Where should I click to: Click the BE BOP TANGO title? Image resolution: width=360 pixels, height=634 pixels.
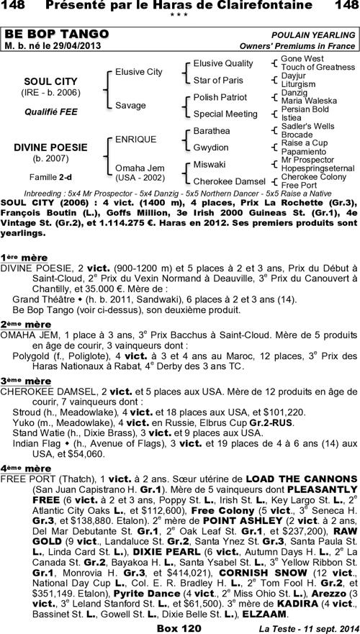[x=57, y=35]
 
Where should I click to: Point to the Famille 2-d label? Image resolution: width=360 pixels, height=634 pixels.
[x=45, y=176]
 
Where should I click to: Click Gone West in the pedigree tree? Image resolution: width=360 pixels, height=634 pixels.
[x=302, y=58]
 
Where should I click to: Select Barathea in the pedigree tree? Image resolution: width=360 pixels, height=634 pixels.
[x=212, y=131]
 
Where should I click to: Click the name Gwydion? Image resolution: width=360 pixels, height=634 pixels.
[x=211, y=148]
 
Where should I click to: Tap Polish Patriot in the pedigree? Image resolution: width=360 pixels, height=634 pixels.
[x=220, y=97]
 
